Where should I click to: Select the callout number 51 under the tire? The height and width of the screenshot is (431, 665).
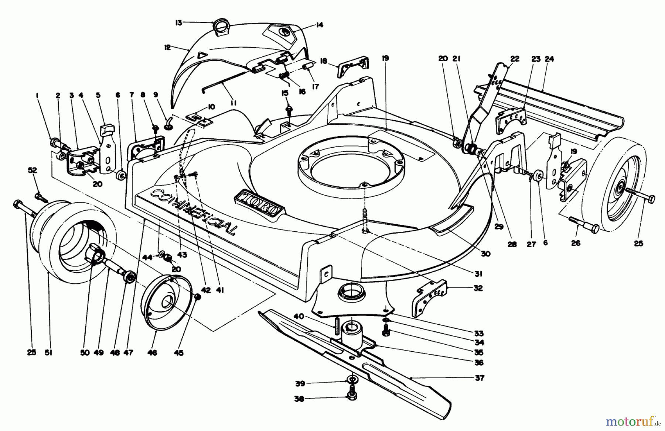[48, 353]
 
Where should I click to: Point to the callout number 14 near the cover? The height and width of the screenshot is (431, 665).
[319, 25]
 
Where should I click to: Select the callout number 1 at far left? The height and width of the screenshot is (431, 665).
[37, 95]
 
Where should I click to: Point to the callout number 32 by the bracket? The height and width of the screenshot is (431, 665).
[478, 288]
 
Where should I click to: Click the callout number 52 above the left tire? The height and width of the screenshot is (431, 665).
[33, 170]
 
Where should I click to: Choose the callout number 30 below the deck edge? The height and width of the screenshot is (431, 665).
[485, 254]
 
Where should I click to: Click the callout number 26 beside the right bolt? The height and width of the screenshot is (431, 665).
[576, 243]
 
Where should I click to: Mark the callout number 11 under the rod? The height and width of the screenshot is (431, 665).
[233, 103]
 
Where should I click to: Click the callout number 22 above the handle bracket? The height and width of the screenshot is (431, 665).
[515, 59]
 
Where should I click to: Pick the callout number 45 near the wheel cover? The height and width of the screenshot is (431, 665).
[179, 353]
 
